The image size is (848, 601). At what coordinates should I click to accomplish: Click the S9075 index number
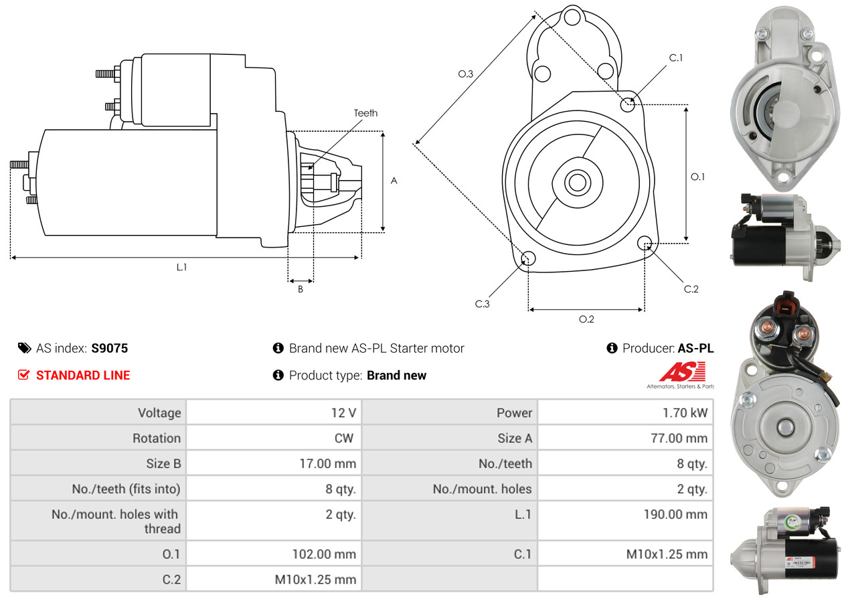tap(109, 348)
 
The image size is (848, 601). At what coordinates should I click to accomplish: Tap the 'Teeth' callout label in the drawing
tap(365, 113)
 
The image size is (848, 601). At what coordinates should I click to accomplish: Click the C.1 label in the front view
tap(676, 58)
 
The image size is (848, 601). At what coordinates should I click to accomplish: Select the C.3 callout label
tap(483, 304)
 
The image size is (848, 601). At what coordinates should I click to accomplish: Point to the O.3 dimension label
tap(466, 74)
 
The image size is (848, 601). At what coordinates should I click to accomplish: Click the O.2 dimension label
tap(586, 319)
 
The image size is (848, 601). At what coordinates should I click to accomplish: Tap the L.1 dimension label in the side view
tap(181, 267)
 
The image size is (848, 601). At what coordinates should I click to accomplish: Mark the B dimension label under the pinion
tap(301, 290)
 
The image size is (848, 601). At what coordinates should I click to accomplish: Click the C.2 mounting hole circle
tap(645, 242)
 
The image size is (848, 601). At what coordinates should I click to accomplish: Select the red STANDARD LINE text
tap(83, 375)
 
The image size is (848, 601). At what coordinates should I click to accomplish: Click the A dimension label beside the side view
tap(394, 181)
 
